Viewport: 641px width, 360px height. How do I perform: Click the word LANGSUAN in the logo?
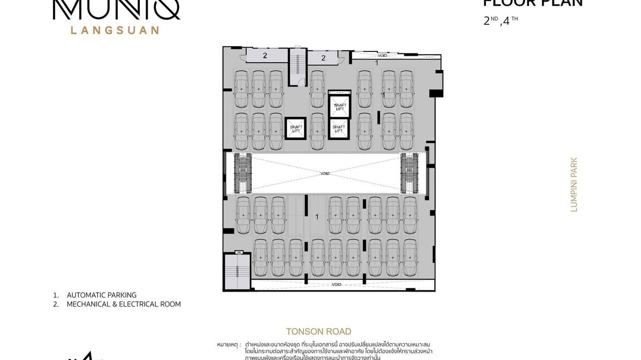tap(115, 30)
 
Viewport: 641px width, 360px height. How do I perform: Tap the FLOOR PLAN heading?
tap(533, 3)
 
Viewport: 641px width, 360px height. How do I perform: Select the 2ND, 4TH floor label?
tap(501, 21)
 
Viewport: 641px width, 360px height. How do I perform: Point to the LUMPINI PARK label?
tap(574, 185)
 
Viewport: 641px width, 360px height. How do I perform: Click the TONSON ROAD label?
tap(319, 331)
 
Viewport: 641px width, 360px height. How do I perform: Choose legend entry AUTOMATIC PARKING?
tap(101, 295)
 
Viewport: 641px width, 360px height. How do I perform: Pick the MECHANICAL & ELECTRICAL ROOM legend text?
tap(123, 304)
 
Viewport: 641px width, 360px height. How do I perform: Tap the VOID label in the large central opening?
tap(325, 174)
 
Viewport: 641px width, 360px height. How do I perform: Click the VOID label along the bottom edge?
tap(337, 285)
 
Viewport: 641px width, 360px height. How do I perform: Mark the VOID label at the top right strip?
tap(382, 55)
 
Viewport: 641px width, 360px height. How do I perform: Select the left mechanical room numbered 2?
tap(264, 56)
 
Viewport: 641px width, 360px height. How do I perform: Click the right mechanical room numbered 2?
tap(323, 58)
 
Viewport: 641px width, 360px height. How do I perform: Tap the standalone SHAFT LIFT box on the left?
tap(296, 128)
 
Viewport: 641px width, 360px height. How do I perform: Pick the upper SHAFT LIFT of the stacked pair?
tap(339, 107)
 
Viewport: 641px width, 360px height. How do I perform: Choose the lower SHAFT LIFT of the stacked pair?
tap(339, 128)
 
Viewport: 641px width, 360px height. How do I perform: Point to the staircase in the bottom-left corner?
tap(237, 271)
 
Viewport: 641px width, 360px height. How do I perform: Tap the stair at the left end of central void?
tap(243, 173)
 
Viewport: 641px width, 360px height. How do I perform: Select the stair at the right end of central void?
tap(409, 173)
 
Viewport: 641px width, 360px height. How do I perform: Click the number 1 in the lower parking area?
tap(317, 217)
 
